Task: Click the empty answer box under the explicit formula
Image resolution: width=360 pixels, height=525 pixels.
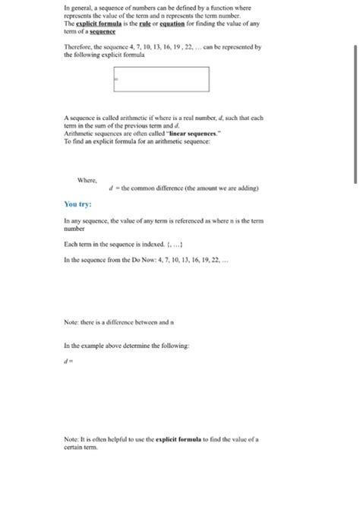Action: coord(161,78)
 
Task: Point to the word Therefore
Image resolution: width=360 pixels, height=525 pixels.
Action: coord(78,46)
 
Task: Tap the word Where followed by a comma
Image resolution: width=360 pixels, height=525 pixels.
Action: coord(87,180)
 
